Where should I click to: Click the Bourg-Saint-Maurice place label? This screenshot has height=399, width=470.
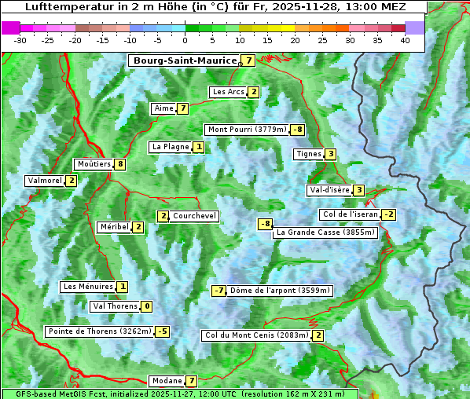pyautogui.click(x=185, y=60)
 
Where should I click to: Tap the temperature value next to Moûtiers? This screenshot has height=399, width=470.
pyautogui.click(x=119, y=164)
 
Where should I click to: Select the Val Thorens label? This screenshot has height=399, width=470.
pyautogui.click(x=115, y=306)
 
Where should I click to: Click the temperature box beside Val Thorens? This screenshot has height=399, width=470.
pyautogui.click(x=147, y=306)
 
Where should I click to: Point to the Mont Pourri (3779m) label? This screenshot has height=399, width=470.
pyautogui.click(x=246, y=130)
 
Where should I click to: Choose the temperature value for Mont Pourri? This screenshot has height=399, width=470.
pyautogui.click(x=297, y=130)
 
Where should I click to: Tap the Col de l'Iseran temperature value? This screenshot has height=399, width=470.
pyautogui.click(x=388, y=214)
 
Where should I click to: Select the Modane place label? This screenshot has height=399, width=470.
pyautogui.click(x=167, y=381)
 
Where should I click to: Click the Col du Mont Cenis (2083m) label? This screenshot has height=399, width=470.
pyautogui.click(x=255, y=335)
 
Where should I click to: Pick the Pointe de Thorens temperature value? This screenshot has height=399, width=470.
pyautogui.click(x=162, y=331)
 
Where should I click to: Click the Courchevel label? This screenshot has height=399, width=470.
pyautogui.click(x=194, y=216)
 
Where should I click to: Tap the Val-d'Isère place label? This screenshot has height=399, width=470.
pyautogui.click(x=329, y=190)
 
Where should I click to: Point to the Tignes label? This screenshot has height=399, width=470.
pyautogui.click(x=308, y=154)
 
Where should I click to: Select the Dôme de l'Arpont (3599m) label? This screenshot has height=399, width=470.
pyautogui.click(x=281, y=291)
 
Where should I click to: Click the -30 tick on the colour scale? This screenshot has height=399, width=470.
pyautogui.click(x=20, y=40)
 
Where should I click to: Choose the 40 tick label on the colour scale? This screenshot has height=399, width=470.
pyautogui.click(x=405, y=40)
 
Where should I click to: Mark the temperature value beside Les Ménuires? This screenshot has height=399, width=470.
pyautogui.click(x=123, y=287)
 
